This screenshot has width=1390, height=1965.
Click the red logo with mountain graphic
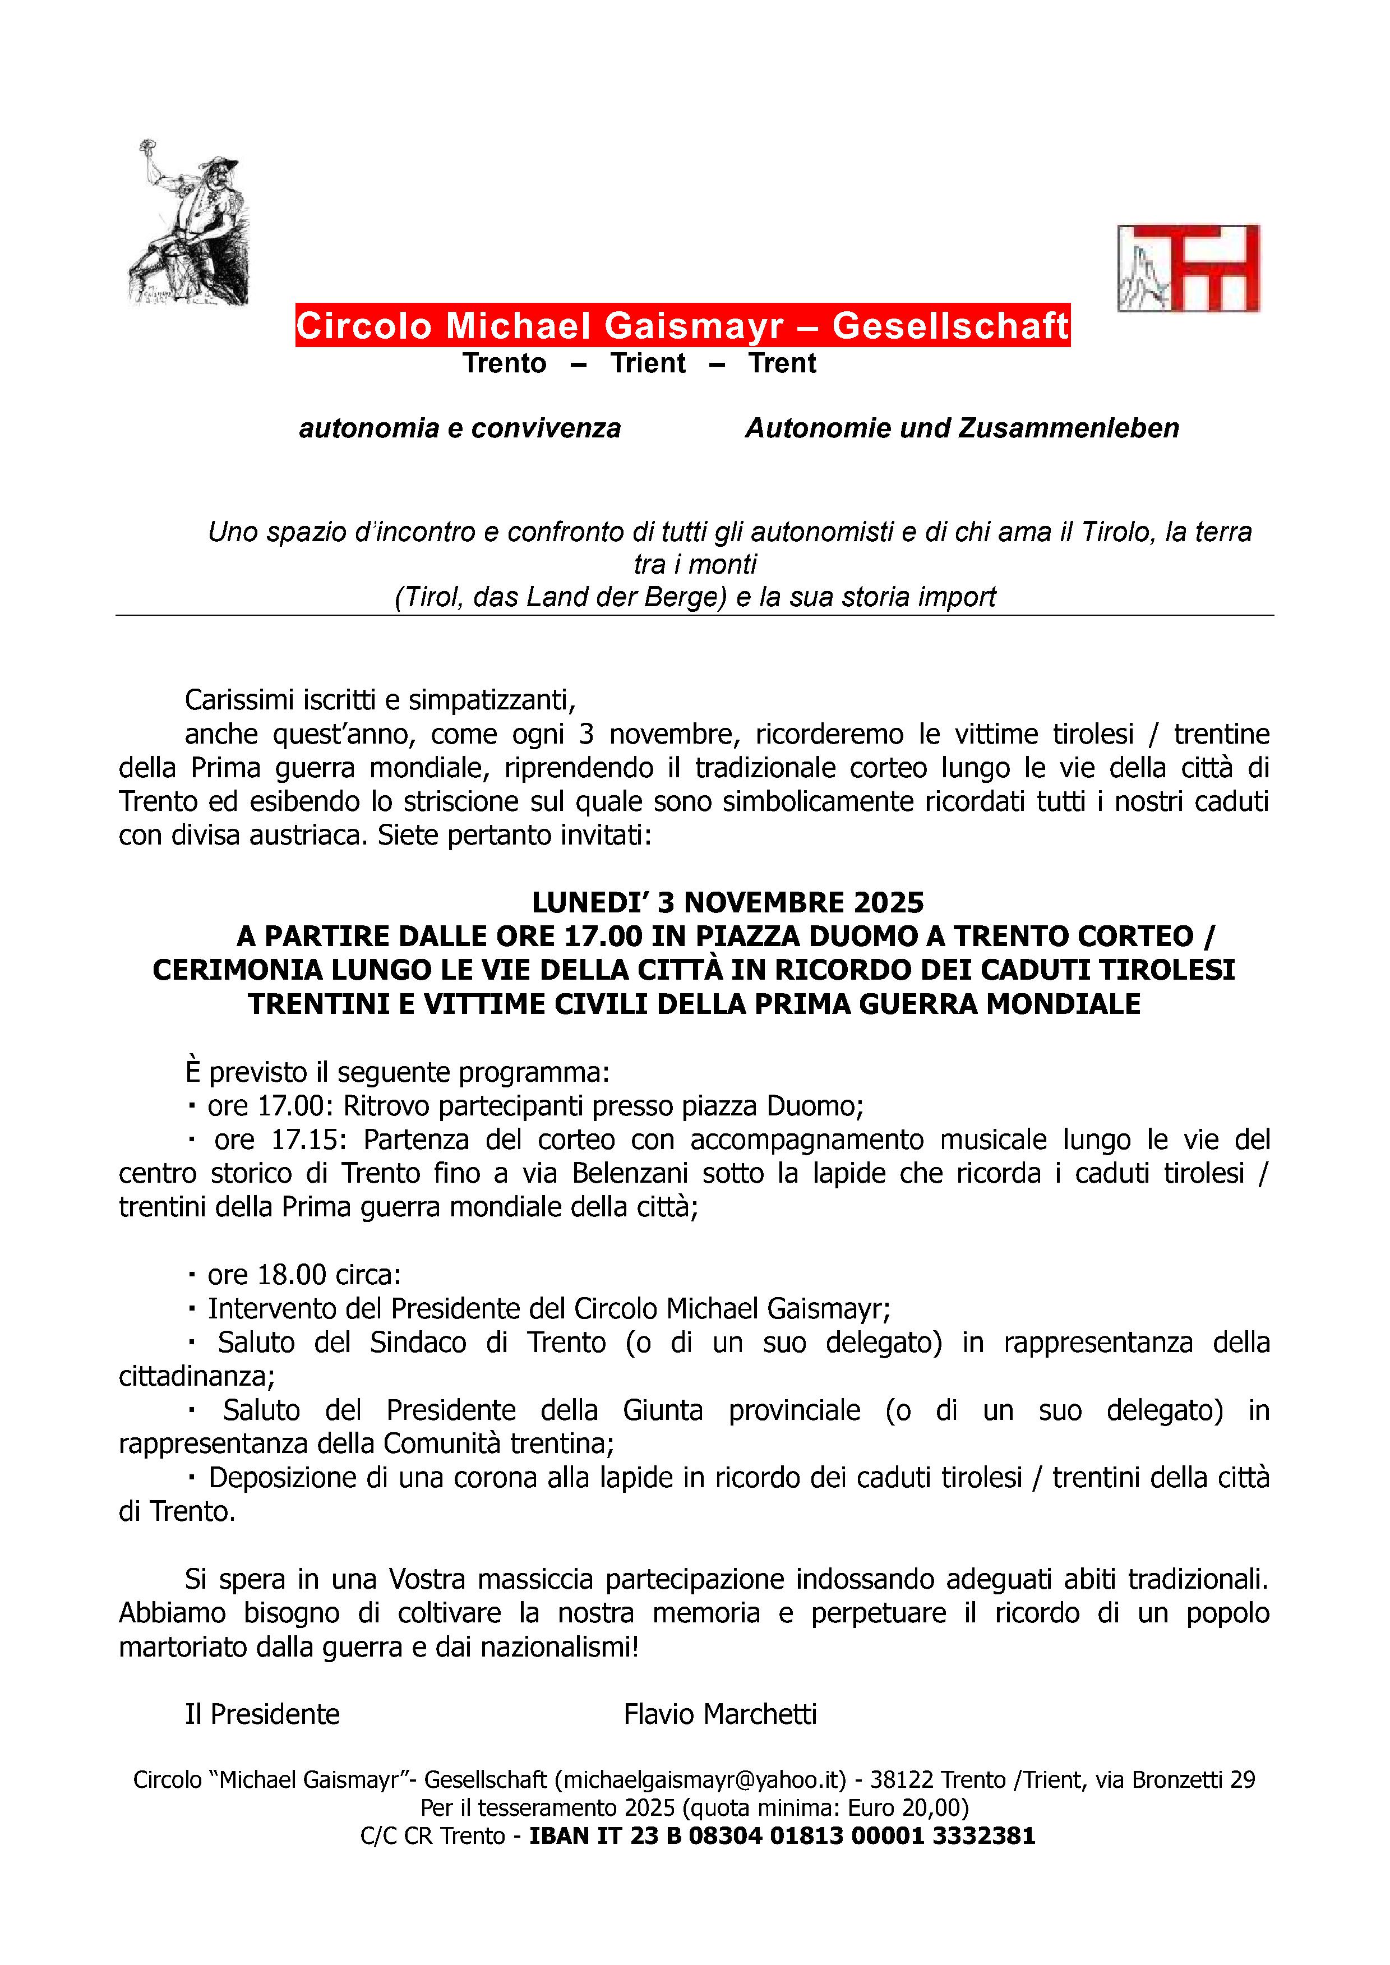[1188, 268]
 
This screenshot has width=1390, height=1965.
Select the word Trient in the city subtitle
[648, 364]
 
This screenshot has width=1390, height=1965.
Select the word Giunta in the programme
[662, 1410]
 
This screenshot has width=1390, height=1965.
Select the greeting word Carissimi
[239, 700]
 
